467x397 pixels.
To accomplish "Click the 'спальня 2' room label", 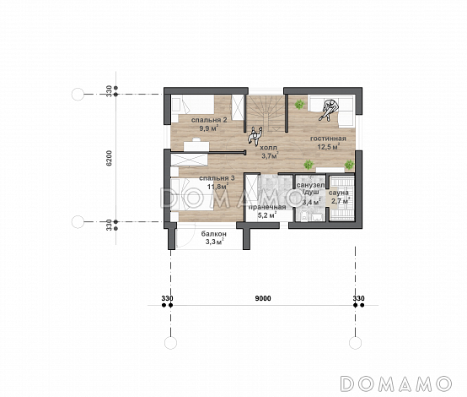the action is [x=209, y=120].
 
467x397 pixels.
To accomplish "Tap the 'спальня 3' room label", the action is [x=217, y=178].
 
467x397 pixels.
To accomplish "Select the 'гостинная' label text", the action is [x=328, y=139].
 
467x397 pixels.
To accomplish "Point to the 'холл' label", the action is [x=268, y=148].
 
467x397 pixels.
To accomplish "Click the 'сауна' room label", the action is [x=339, y=193].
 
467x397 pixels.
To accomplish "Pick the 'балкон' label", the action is [x=214, y=234].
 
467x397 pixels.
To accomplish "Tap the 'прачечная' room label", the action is [x=267, y=207].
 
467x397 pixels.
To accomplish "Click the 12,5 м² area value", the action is [x=329, y=147].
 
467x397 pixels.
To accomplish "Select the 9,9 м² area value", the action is [x=209, y=128].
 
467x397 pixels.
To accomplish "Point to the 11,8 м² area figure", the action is [x=218, y=187].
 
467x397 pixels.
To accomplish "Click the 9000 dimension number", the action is [x=263, y=298].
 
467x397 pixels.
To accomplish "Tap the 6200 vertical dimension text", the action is [x=110, y=158].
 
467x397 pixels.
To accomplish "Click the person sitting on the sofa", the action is [x=329, y=110].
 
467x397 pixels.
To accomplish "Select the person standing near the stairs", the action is [x=255, y=136].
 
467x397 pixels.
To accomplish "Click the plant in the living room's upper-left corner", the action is [x=299, y=104].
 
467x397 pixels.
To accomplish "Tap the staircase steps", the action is [x=266, y=113].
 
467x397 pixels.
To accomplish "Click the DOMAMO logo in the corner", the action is [x=396, y=383].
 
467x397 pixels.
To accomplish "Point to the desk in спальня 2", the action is [x=196, y=146].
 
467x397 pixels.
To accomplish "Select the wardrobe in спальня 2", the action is [x=238, y=107].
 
